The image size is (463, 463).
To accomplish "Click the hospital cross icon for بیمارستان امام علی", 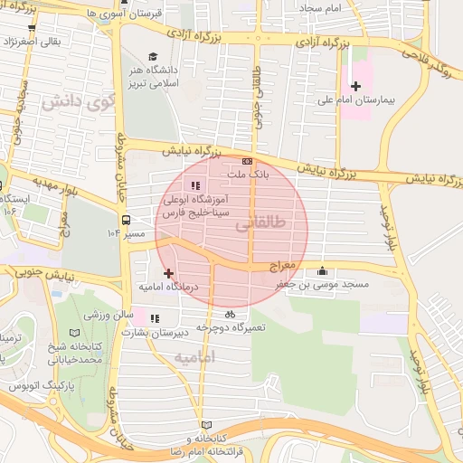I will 356,86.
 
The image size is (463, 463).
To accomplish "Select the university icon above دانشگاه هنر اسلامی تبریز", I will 152,56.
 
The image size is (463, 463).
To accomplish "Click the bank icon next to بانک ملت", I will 247,161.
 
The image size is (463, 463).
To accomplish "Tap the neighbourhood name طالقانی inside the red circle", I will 265,222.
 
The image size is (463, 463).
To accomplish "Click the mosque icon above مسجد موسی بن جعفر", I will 323,270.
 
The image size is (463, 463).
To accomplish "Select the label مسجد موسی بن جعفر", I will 329,284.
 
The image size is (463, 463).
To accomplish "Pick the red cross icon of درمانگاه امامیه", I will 168,272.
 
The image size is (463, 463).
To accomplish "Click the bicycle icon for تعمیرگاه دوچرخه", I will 230,314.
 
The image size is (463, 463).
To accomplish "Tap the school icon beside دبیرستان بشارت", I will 155,318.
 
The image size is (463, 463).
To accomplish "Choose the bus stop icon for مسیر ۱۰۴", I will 125,219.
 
